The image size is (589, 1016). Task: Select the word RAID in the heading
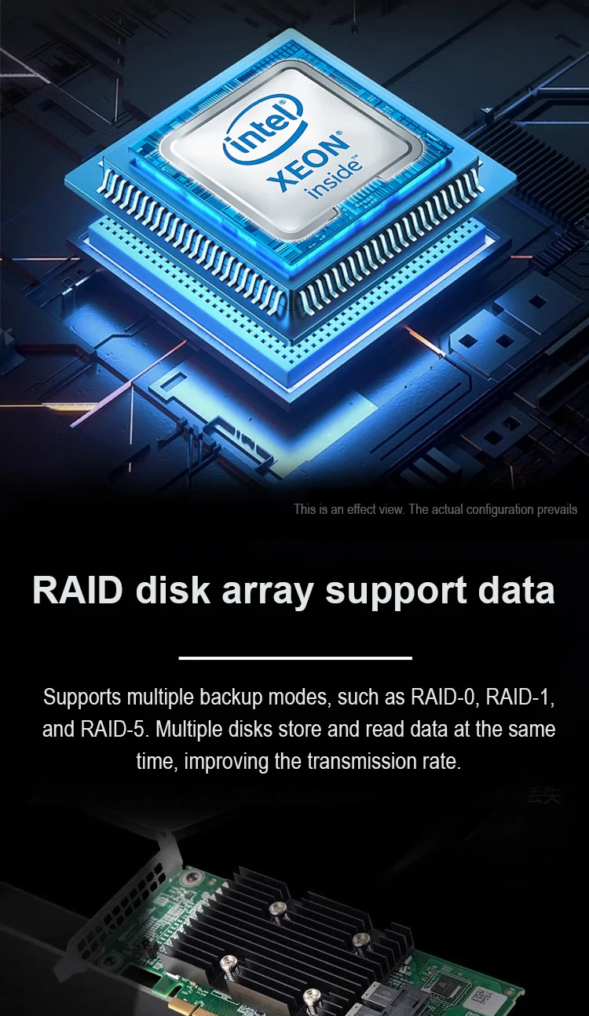point(77,590)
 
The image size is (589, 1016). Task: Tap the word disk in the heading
point(173,590)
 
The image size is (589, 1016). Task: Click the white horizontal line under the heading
point(295,657)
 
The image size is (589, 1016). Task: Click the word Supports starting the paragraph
point(82,697)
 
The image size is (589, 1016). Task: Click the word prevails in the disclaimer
point(558,509)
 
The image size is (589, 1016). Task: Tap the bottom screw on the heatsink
point(311,996)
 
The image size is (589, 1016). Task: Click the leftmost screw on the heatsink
point(228,962)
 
